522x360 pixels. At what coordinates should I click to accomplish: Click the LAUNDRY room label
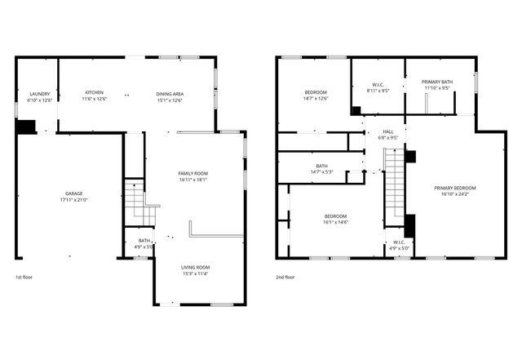click(x=39, y=94)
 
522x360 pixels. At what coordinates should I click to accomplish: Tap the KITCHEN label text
click(x=95, y=93)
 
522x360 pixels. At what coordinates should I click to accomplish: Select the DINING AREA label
click(x=170, y=94)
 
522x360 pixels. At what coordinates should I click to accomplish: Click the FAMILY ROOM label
click(x=194, y=173)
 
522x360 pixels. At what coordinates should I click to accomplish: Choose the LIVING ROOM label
click(x=195, y=267)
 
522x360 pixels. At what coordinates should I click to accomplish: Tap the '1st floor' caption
click(x=24, y=277)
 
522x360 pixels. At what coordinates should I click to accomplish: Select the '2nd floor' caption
click(x=285, y=277)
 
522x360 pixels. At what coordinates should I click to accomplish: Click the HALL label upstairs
click(x=388, y=131)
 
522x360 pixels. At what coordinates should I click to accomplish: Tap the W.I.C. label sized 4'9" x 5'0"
click(x=399, y=242)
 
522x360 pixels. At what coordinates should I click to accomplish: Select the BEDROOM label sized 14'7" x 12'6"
click(x=316, y=92)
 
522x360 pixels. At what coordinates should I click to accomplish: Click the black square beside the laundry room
click(x=26, y=127)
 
